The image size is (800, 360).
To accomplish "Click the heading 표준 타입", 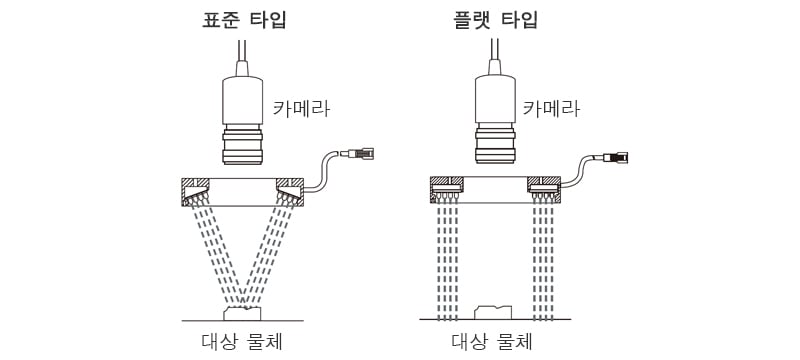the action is click(x=244, y=19).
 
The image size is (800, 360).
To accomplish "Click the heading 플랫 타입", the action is click(x=495, y=19).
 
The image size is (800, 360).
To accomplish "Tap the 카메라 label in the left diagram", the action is click(x=301, y=109).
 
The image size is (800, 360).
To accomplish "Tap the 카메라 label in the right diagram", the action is click(x=551, y=109).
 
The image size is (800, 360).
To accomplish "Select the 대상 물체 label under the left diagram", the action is click(x=242, y=341).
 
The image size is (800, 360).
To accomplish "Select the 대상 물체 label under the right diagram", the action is click(x=492, y=341).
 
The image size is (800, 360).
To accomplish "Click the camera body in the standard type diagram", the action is click(x=243, y=100).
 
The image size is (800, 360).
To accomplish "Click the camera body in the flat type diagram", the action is click(x=495, y=99).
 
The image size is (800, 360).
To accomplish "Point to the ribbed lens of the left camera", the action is click(x=243, y=146).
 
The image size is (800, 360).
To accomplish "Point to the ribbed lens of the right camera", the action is click(x=495, y=144).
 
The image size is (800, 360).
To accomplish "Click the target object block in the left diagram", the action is click(x=242, y=314).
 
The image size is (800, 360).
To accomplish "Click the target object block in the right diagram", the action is click(x=493, y=313).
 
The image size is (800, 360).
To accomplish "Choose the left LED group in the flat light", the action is click(x=447, y=194).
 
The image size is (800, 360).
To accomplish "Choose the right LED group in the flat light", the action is click(x=543, y=194).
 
